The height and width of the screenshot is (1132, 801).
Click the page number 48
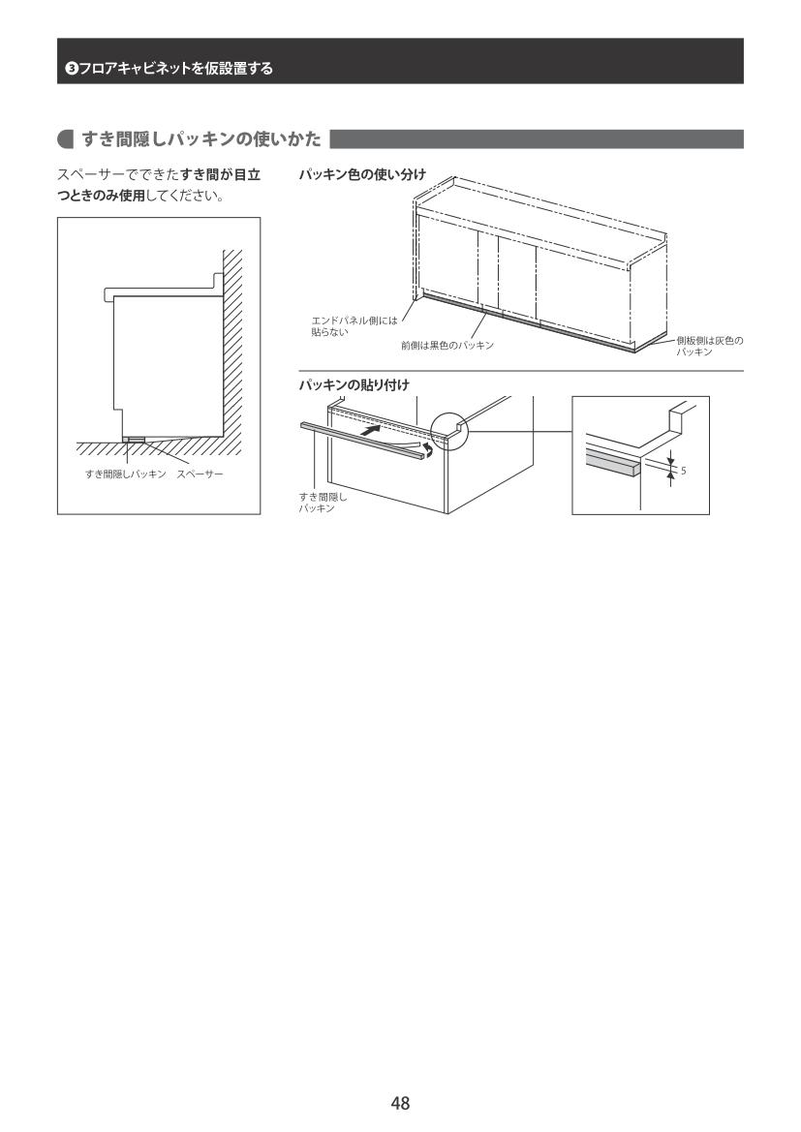(x=400, y=1102)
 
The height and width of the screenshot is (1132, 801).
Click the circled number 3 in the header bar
(x=71, y=69)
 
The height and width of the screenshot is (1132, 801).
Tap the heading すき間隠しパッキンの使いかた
(x=200, y=138)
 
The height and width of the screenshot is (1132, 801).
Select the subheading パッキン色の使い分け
(x=362, y=174)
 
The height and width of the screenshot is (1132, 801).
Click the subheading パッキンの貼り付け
(x=354, y=384)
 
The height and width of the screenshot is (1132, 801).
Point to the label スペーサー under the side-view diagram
(x=200, y=474)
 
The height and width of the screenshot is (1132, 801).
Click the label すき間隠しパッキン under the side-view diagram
(x=126, y=474)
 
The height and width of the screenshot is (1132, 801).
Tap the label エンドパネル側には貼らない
(x=354, y=326)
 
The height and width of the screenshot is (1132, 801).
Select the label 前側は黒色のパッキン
(x=447, y=346)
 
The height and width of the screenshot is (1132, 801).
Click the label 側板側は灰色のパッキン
(x=709, y=346)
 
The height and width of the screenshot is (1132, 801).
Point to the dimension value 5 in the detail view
(x=683, y=472)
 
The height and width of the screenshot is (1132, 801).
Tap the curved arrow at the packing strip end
(x=428, y=451)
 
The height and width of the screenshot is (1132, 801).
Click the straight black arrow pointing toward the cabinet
(x=371, y=430)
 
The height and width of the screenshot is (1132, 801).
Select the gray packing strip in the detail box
(x=612, y=460)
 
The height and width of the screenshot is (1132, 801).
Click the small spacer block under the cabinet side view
(x=134, y=439)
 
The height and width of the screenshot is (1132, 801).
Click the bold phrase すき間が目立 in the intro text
(x=220, y=174)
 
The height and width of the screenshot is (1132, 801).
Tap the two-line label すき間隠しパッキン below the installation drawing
(x=323, y=503)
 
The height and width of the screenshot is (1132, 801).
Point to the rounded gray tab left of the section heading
(x=66, y=139)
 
